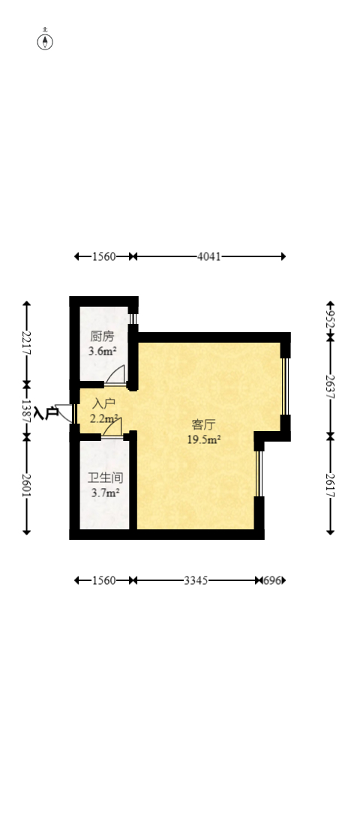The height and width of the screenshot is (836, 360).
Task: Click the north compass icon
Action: [x=46, y=40]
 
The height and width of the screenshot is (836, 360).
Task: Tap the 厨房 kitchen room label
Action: [x=102, y=337]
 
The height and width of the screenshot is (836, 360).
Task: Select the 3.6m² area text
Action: [x=102, y=350]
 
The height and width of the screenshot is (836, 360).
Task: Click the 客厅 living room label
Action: [x=202, y=424]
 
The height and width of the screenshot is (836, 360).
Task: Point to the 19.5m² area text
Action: [x=203, y=439]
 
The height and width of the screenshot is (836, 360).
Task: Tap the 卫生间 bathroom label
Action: [x=105, y=478]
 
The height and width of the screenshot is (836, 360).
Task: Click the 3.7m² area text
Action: [x=105, y=493]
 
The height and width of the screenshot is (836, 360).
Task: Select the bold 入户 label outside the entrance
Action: [x=46, y=412]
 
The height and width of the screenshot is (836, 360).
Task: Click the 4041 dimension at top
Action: [x=208, y=256]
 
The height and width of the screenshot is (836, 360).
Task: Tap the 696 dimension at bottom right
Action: [x=273, y=580]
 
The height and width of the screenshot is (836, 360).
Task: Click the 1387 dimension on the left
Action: [x=27, y=409]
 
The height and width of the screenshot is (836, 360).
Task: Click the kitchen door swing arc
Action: [x=115, y=374]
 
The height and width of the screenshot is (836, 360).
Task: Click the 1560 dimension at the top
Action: [x=103, y=256]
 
